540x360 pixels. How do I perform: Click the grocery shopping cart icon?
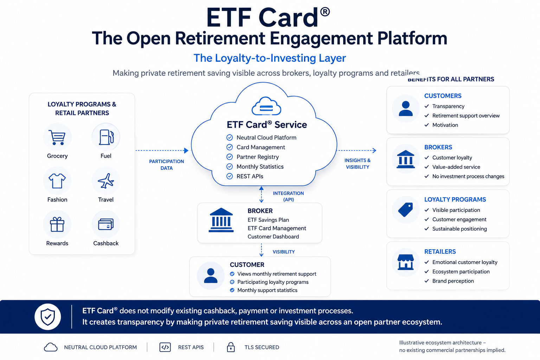(x=57, y=137)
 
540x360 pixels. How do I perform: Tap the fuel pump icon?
(x=106, y=137)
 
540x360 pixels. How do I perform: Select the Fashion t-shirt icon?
(x=57, y=181)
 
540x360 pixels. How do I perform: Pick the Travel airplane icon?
(x=106, y=181)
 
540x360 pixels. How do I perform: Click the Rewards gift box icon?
(x=57, y=225)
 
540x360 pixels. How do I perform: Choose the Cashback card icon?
(x=106, y=224)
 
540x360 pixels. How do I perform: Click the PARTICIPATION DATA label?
(x=166, y=165)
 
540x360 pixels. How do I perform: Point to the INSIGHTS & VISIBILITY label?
(x=358, y=164)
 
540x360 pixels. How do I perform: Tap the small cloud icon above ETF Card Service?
(x=266, y=106)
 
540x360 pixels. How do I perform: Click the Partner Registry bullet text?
(x=258, y=157)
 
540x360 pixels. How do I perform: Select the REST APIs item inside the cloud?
(x=250, y=176)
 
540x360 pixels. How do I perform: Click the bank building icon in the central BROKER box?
(x=221, y=220)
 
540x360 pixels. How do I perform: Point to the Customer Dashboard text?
(x=274, y=237)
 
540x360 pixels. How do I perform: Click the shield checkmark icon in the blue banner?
(x=48, y=317)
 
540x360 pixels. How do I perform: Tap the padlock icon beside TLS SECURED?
(x=231, y=347)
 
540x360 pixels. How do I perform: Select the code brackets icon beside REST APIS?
(x=165, y=347)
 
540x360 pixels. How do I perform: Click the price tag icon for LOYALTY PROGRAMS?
(x=405, y=210)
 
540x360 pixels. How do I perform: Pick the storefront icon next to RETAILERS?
(x=405, y=262)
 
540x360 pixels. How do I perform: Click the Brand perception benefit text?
(x=453, y=281)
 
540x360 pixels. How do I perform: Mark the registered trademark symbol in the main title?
(x=325, y=12)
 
